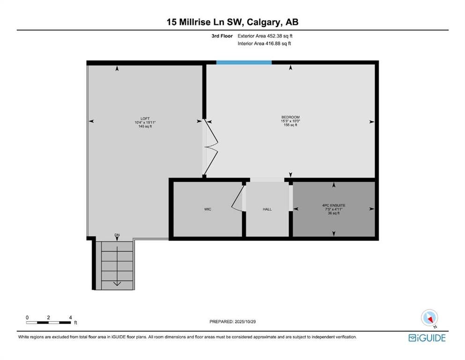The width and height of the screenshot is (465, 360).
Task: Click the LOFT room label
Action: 145,119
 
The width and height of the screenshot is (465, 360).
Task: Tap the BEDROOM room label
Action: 291,117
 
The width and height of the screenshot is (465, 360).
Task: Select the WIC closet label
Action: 207,209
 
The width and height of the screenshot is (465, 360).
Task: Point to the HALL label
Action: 267,209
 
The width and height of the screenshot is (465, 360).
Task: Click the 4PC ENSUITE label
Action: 334,205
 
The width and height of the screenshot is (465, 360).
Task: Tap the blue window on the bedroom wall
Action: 244,62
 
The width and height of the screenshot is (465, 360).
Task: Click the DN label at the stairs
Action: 117,235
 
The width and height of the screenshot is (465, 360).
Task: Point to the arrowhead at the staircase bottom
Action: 117,284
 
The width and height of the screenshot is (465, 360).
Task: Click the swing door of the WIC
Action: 237,198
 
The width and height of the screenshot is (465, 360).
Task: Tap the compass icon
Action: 429,318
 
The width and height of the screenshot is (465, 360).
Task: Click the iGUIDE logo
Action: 427,338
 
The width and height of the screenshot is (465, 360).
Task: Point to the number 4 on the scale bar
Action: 71,317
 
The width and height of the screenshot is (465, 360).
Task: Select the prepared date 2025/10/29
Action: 245,322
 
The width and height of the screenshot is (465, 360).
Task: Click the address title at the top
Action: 232,22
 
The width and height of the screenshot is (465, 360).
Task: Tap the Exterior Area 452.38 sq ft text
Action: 265,36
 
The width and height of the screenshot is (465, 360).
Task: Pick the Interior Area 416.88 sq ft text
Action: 264,43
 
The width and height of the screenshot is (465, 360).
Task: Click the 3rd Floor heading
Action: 222,36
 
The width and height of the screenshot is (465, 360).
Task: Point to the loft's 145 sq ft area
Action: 145,126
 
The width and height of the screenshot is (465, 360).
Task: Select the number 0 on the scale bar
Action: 27,317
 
